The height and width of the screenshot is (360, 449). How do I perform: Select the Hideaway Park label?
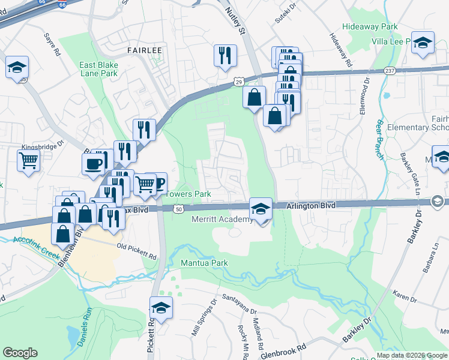click(370, 27)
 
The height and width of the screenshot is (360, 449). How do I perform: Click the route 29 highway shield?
click(238, 81)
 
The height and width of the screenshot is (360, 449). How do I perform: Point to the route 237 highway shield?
click(389, 70)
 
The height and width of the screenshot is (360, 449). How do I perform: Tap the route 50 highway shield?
click(179, 208)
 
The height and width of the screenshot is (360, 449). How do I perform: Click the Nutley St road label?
click(235, 20)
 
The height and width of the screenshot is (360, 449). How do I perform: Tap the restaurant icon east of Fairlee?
click(226, 56)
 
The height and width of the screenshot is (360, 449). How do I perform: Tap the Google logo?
click(20, 353)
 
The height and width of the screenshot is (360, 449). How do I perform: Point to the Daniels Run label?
click(84, 328)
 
